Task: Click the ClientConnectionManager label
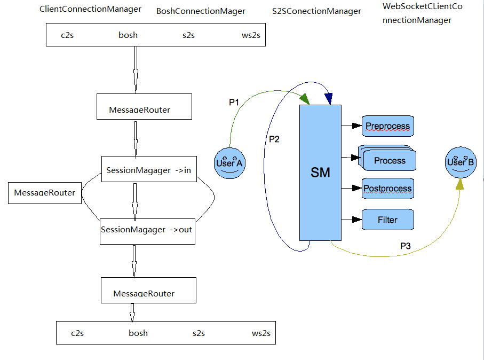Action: (x=91, y=9)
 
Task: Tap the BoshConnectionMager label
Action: (x=201, y=11)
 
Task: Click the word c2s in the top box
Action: (x=67, y=35)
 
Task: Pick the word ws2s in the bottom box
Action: (x=261, y=333)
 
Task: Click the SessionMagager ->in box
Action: (x=149, y=170)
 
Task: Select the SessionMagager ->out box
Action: (x=147, y=230)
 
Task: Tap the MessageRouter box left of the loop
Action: (x=45, y=193)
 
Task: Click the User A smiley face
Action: (x=229, y=162)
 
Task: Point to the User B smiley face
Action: (x=461, y=162)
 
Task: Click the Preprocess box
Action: (x=388, y=126)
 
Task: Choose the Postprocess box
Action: (x=388, y=189)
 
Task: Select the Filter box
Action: (x=388, y=220)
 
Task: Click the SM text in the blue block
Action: (x=320, y=173)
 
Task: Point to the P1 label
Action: (x=234, y=103)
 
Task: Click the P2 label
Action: (x=274, y=139)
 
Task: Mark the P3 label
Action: (x=406, y=246)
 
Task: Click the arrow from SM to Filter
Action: (x=351, y=220)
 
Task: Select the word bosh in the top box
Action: (x=128, y=35)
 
